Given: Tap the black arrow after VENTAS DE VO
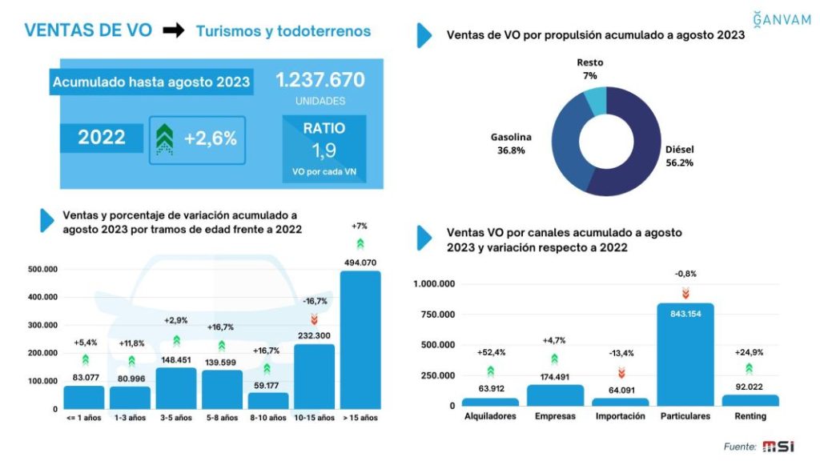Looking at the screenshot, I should pyautogui.click(x=174, y=31).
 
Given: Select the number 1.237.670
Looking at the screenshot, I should pyautogui.click(x=320, y=80).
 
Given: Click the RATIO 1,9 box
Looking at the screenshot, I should pyautogui.click(x=324, y=149).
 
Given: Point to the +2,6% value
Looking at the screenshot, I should pyautogui.click(x=210, y=138).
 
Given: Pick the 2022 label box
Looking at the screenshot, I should pyautogui.click(x=101, y=138).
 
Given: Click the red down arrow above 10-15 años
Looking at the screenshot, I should pyautogui.click(x=314, y=319).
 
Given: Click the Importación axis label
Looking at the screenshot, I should pyautogui.click(x=620, y=416).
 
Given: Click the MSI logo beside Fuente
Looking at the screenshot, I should pyautogui.click(x=778, y=447).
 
